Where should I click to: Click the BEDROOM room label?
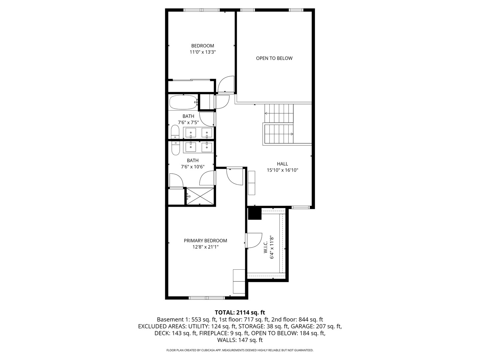click(202, 46)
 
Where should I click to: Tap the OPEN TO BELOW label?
click(274, 58)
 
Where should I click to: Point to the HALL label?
click(282, 164)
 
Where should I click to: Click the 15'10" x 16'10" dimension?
click(282, 170)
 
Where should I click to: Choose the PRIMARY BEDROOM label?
click(205, 241)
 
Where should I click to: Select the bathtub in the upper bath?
click(183, 102)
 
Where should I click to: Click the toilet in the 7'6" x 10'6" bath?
click(175, 148)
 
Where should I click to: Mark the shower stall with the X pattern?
click(199, 196)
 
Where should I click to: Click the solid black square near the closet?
click(255, 214)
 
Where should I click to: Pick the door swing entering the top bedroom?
click(226, 84)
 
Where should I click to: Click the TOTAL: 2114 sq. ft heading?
click(240, 312)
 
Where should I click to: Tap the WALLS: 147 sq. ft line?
click(240, 340)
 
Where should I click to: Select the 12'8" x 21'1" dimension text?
click(205, 247)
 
